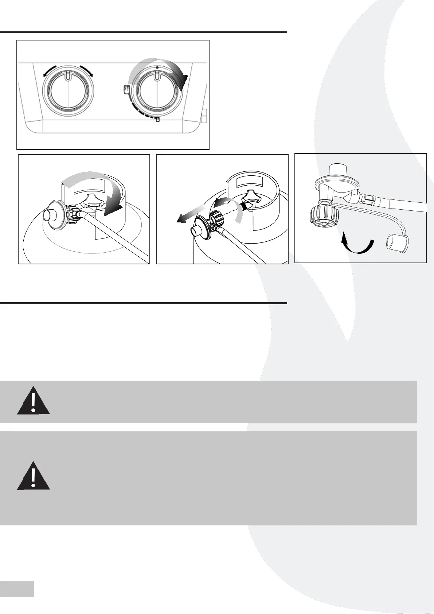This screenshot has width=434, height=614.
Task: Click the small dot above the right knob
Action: pos(157,67)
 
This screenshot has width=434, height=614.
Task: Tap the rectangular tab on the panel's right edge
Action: pos(204,116)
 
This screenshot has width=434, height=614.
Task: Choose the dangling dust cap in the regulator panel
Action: pos(397,242)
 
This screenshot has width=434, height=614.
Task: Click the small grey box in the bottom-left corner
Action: pos(17,589)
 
